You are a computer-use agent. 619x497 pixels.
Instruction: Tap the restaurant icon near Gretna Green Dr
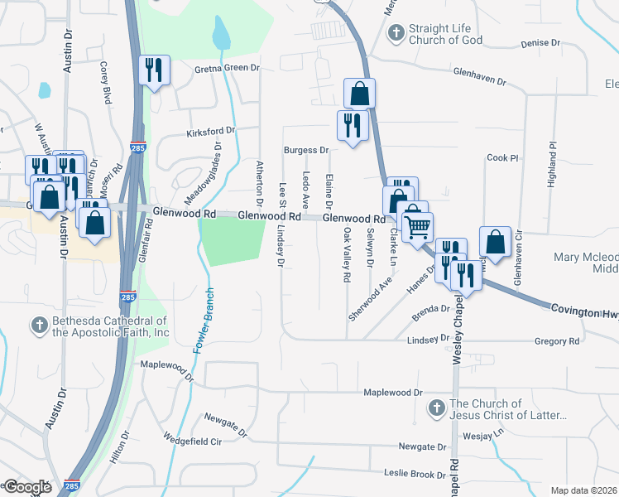[x=154, y=70]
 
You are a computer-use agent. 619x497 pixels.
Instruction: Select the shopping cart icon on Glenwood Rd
[x=419, y=224]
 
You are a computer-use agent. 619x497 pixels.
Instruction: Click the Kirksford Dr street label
[x=211, y=131]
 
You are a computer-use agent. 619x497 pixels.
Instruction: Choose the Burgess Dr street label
[x=307, y=151]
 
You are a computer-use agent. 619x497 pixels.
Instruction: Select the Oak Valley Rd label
[x=348, y=256]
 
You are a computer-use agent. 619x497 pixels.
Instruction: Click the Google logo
[x=26, y=487]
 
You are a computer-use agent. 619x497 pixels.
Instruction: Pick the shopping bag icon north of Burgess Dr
[x=359, y=93]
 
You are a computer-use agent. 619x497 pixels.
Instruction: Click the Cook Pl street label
[x=501, y=157]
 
